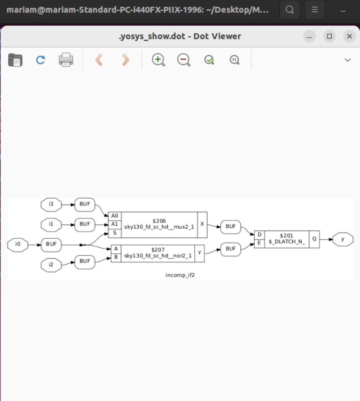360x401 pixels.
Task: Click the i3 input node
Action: (x=51, y=205)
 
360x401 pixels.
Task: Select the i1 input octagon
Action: (x=51, y=223)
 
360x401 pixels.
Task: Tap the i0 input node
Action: (x=18, y=244)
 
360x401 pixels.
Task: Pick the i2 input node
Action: (x=51, y=264)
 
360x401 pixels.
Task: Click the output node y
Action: (x=343, y=239)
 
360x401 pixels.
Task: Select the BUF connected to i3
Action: (x=85, y=205)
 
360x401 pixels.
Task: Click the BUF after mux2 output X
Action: (x=231, y=226)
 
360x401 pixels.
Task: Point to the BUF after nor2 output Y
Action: (x=231, y=248)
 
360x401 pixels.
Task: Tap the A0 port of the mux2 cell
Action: (x=115, y=216)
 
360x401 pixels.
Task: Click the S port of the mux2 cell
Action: (x=115, y=233)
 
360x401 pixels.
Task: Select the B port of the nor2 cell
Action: (x=116, y=257)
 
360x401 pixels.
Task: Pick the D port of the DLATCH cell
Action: (x=259, y=235)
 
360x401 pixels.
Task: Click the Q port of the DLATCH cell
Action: (x=314, y=239)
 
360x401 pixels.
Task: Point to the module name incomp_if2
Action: (x=180, y=275)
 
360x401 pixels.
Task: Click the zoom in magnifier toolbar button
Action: (x=159, y=60)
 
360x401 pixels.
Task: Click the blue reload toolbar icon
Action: (x=40, y=60)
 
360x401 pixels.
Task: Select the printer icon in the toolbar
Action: (x=66, y=60)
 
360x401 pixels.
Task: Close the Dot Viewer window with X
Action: (x=349, y=36)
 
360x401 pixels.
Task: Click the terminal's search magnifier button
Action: (x=290, y=9)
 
